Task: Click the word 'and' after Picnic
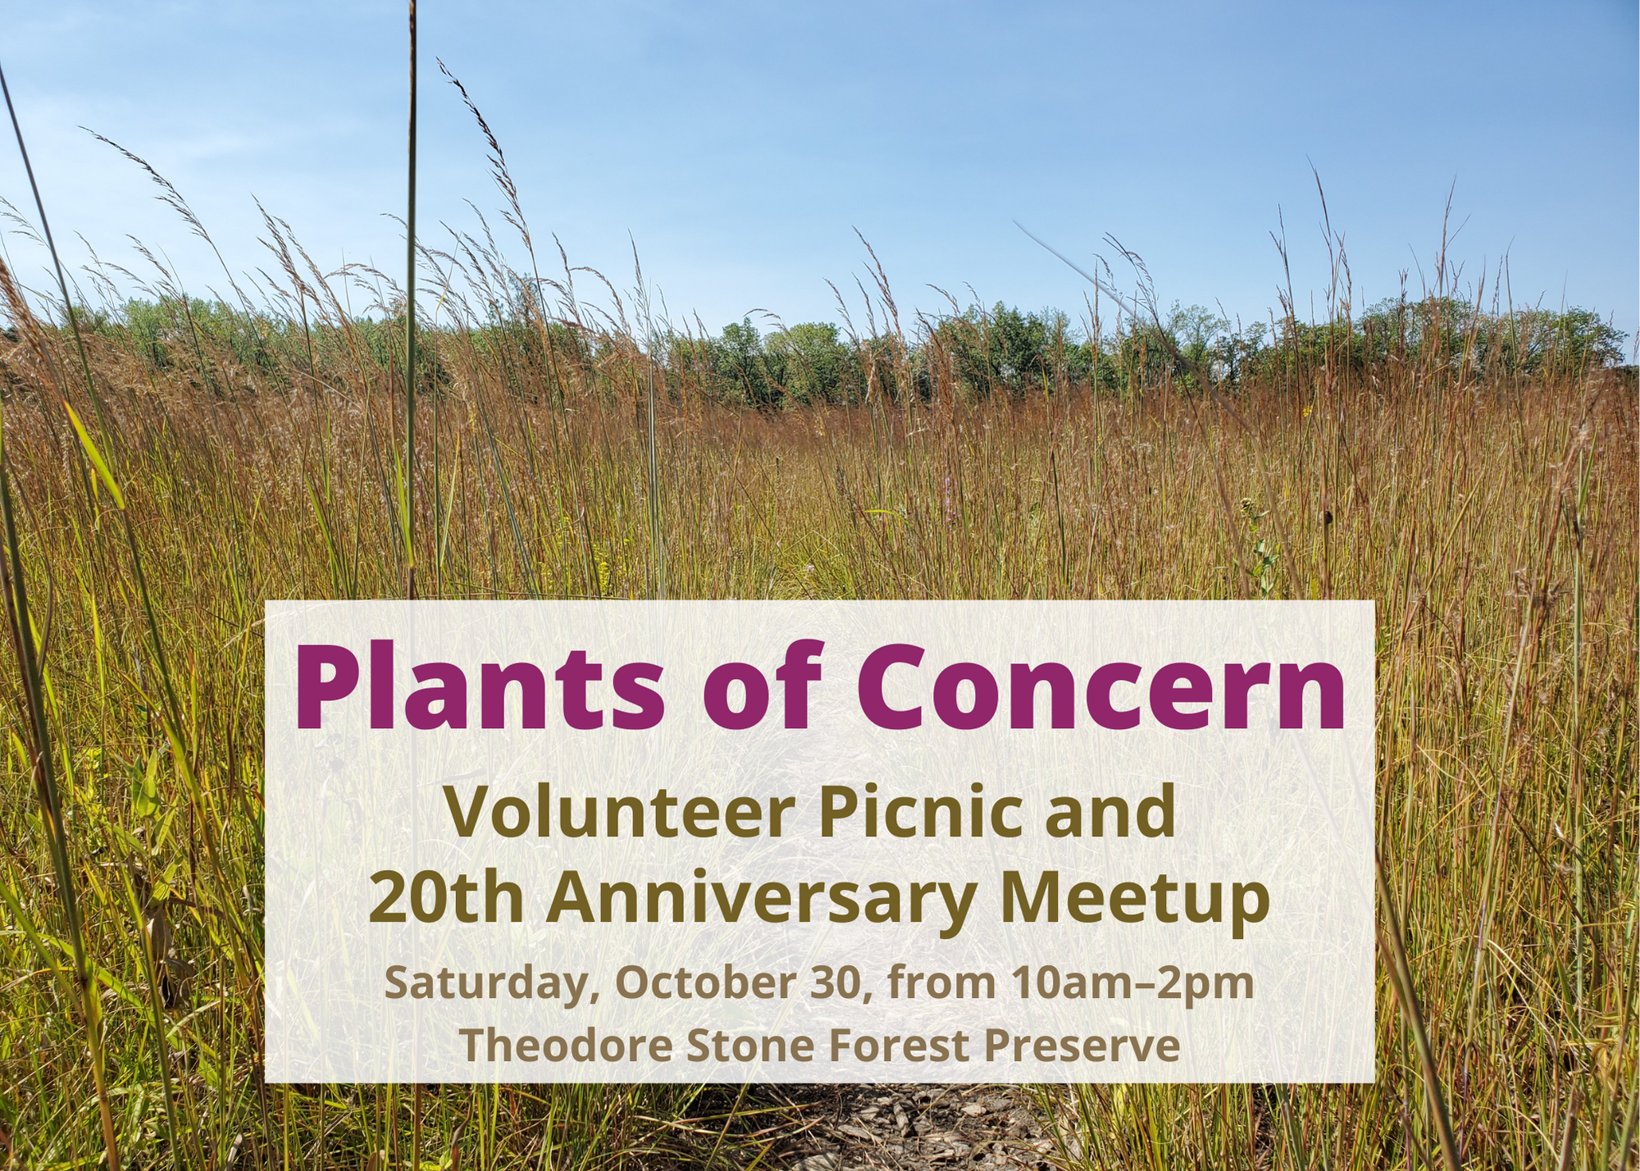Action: (x=1110, y=811)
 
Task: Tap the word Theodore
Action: (x=559, y=1046)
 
